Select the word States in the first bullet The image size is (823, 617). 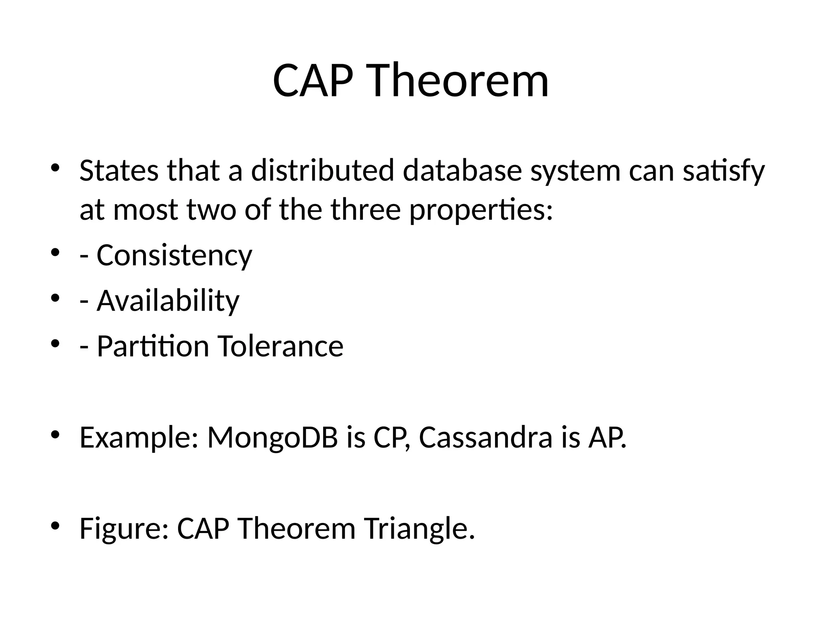[x=119, y=170]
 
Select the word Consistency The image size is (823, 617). [x=174, y=255]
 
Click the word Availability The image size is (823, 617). [x=168, y=301]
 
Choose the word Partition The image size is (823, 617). [x=153, y=346]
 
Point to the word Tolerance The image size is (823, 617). [x=280, y=346]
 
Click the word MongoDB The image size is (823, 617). [x=272, y=437]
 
